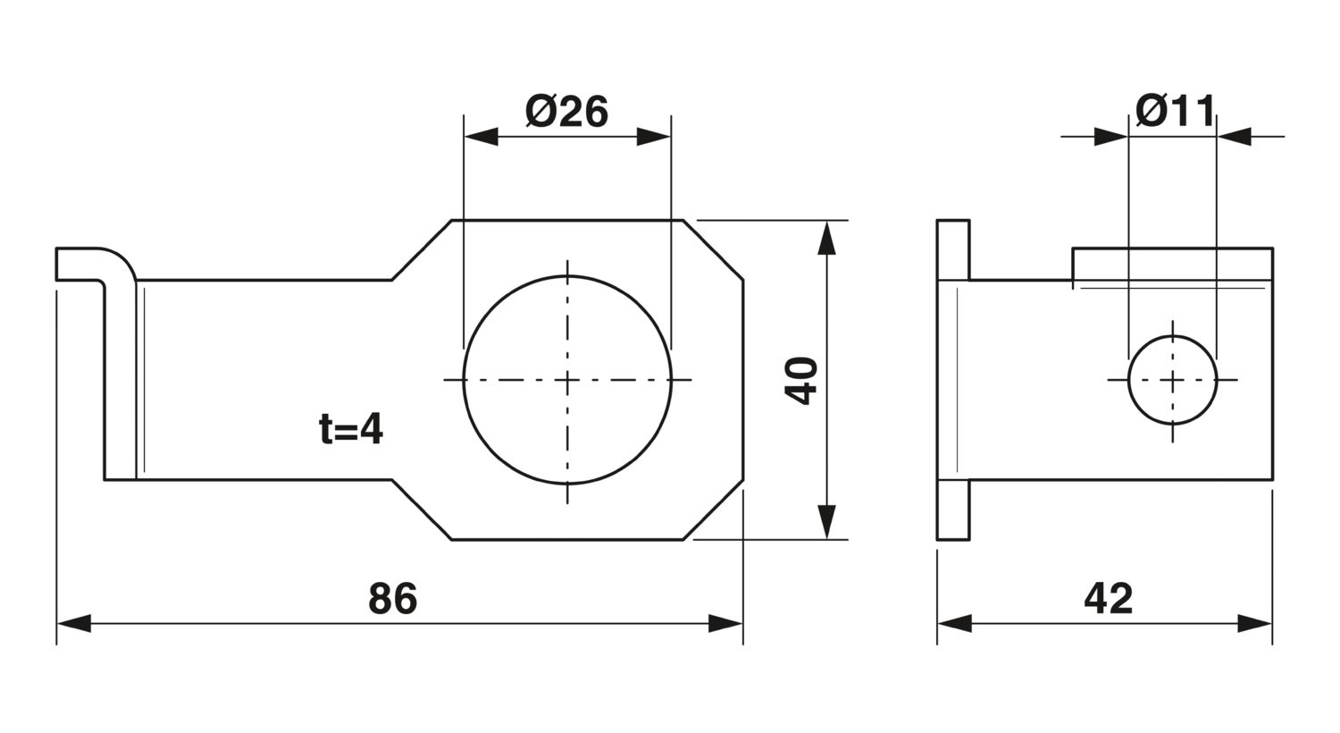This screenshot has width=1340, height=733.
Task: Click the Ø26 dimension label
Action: [566, 112]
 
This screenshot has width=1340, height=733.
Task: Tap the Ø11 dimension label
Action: [1175, 111]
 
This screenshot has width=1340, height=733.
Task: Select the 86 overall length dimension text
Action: [392, 598]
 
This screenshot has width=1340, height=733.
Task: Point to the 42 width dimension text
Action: [1109, 598]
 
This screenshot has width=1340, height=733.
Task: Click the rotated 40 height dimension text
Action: [801, 381]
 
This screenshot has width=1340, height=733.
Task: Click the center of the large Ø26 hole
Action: [567, 379]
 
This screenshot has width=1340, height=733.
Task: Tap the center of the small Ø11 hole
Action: [1172, 379]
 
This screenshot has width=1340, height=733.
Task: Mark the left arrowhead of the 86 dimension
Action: [73, 623]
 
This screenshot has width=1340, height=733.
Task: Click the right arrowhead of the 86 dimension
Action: [725, 623]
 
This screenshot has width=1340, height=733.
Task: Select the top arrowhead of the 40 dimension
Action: [826, 238]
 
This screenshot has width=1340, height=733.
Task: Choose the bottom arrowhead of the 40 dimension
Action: [826, 522]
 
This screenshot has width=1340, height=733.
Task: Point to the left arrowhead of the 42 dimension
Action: [955, 623]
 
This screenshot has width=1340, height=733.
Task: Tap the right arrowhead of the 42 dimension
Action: [1254, 623]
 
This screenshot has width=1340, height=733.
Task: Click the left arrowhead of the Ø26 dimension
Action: [481, 137]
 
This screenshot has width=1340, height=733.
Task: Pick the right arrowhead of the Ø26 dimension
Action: [653, 137]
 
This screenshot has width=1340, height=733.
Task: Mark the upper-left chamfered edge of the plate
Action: [421, 249]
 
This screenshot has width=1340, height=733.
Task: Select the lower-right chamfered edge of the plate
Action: [713, 510]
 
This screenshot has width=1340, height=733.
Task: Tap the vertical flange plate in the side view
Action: [953, 379]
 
